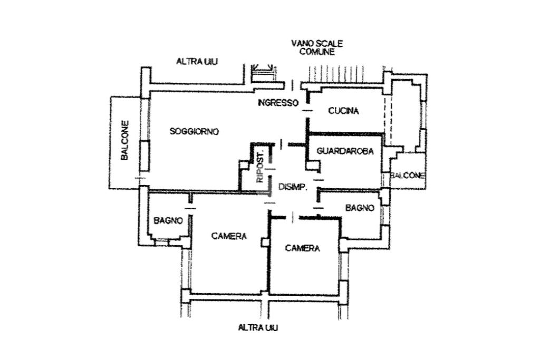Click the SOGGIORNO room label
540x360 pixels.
tap(194, 131)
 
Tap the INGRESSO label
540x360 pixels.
tap(278, 103)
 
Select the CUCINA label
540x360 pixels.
tap(343, 111)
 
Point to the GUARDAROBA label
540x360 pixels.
tap(345, 151)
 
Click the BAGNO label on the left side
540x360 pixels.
tap(168, 220)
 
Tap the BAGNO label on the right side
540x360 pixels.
tap(360, 208)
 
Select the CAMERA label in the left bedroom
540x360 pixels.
tap(229, 236)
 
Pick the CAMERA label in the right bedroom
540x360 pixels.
tap(302, 248)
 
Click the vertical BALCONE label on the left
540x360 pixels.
tap(125, 141)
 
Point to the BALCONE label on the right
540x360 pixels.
tap(408, 176)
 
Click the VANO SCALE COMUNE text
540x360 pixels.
tap(317, 47)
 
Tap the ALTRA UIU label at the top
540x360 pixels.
tap(197, 62)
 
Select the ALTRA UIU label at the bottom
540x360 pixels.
tap(258, 328)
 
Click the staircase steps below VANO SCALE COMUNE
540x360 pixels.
tap(343, 75)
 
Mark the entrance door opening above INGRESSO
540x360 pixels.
tap(292, 84)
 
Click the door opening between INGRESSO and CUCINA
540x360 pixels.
tap(307, 110)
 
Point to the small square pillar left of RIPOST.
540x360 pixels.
tap(244, 165)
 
